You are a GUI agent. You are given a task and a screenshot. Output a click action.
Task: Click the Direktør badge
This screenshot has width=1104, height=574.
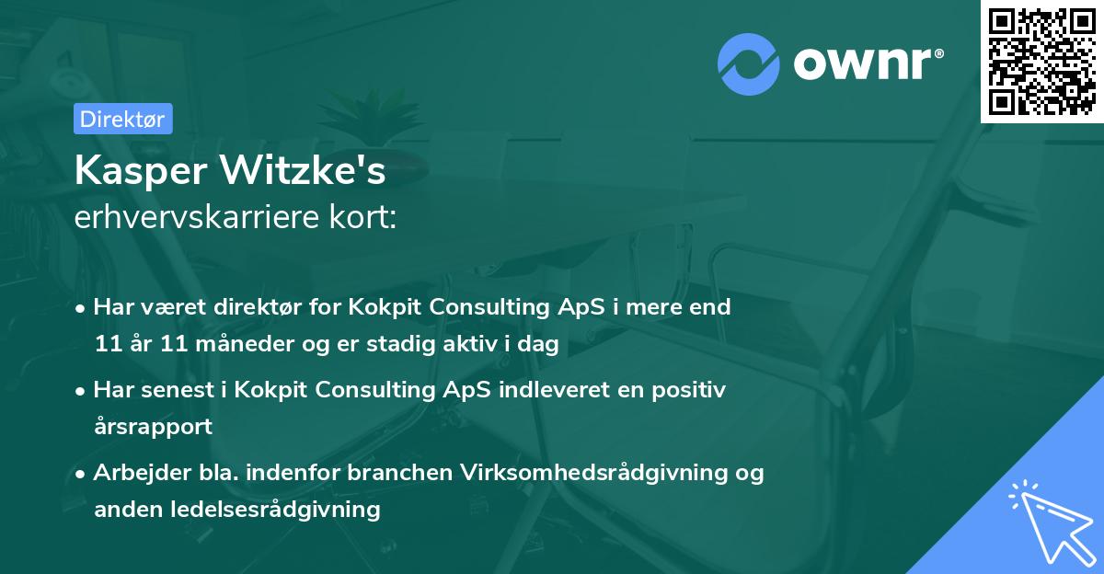pos(122,119)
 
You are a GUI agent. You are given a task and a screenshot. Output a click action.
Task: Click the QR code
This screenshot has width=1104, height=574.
pos(1041,62)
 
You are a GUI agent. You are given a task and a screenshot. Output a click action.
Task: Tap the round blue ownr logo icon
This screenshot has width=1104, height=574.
pos(749,63)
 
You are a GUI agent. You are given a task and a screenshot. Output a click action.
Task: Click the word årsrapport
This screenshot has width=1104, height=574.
pos(153,427)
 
